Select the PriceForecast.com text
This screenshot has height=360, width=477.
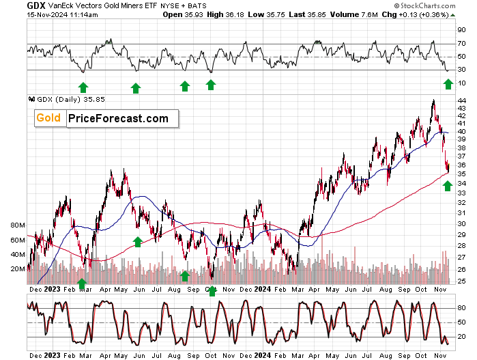click(118, 118)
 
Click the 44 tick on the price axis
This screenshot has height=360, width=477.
click(461, 100)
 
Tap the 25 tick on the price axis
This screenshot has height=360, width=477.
click(461, 281)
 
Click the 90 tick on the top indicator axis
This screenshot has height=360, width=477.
click(461, 31)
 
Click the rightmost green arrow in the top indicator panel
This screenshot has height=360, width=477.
click(448, 83)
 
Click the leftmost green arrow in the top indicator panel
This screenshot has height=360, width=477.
click(83, 87)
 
